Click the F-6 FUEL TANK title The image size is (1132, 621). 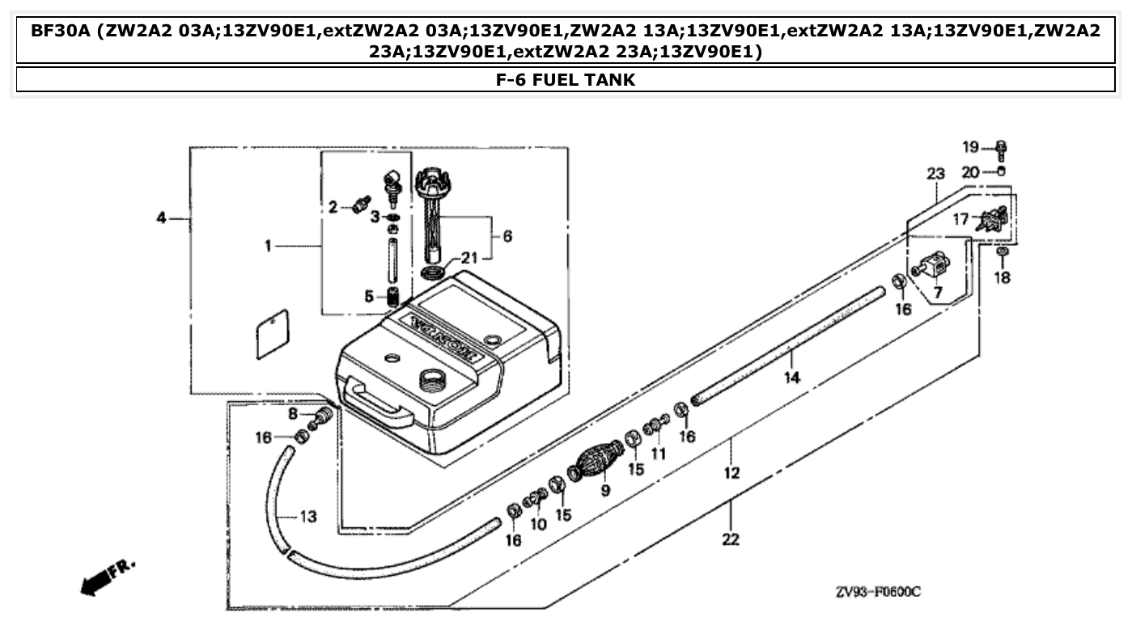[566, 79]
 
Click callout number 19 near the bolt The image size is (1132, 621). [969, 146]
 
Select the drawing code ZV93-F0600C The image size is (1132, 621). [878, 592]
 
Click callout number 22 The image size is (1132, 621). [731, 539]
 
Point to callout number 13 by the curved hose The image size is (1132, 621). [308, 516]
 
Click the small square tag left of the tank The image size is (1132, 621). [272, 335]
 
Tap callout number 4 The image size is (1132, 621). [161, 218]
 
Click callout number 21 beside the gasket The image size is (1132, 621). [470, 258]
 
